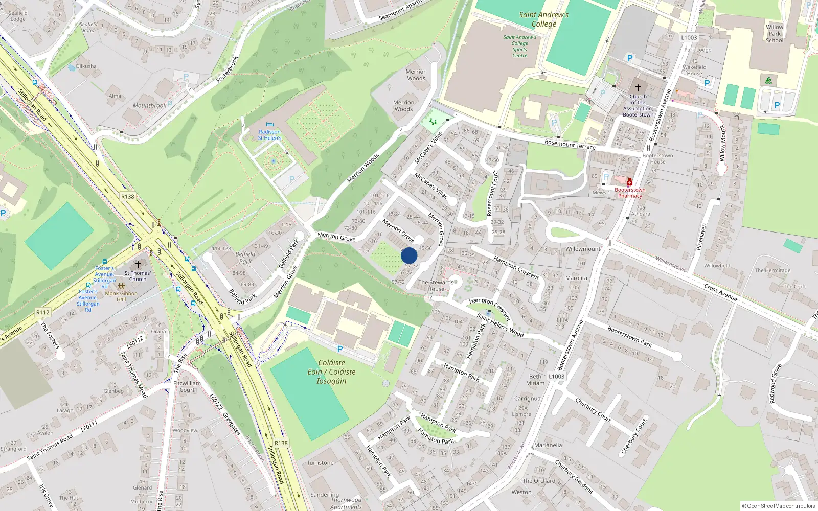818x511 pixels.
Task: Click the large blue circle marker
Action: coord(409,255)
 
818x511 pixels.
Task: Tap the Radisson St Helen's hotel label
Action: coord(269,135)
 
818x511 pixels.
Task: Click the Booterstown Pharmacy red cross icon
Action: coord(630,183)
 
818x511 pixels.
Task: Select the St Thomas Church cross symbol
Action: coord(138,265)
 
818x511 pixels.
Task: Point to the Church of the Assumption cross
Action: coord(638,88)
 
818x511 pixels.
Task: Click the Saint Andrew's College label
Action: coord(543,19)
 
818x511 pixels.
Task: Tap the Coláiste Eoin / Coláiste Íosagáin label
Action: coord(331,371)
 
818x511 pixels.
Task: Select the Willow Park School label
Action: coord(774,34)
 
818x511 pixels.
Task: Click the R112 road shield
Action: coord(43,312)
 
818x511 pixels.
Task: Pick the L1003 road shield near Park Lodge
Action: coord(689,37)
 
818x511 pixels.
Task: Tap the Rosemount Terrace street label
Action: coord(570,145)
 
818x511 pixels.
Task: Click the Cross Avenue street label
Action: coord(720,292)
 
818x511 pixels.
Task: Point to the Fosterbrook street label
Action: coord(228,69)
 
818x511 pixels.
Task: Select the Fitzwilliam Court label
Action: coord(187,386)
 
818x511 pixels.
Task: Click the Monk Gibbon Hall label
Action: coord(121,296)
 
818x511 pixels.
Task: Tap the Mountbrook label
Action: coord(149,106)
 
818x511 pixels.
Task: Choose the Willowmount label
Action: coord(582,249)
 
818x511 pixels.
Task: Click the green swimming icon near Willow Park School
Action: coord(768,81)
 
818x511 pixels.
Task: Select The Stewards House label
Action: coord(436,285)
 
